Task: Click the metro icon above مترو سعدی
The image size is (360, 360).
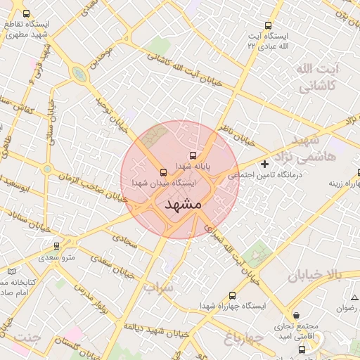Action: pyautogui.click(x=56, y=246)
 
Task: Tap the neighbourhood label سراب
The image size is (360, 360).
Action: pyautogui.click(x=157, y=288)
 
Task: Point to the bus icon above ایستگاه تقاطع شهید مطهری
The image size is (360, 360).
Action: pyautogui.click(x=27, y=13)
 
